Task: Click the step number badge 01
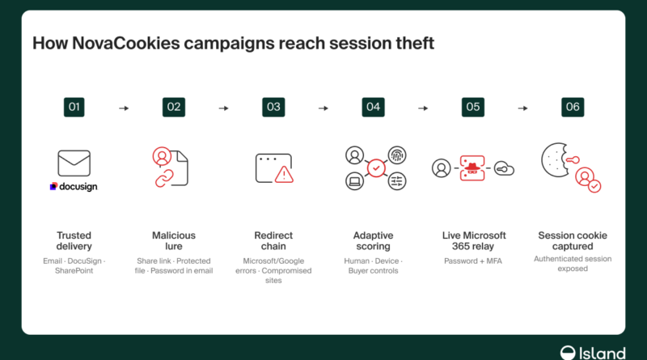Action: [x=74, y=108]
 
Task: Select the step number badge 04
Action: [x=373, y=108]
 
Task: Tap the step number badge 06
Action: [x=573, y=108]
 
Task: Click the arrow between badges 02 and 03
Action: [x=224, y=108]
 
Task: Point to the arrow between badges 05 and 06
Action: [x=522, y=108]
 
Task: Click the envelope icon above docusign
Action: [x=74, y=163]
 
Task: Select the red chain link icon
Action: [x=164, y=178]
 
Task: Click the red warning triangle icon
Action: [x=284, y=174]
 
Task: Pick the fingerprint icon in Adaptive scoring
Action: [x=397, y=155]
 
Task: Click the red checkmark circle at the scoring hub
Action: [x=376, y=168]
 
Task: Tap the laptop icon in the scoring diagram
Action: [x=354, y=181]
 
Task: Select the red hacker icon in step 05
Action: [x=472, y=168]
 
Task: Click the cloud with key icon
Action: [x=504, y=169]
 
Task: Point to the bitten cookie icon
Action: [x=556, y=160]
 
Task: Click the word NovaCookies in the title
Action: [x=126, y=44]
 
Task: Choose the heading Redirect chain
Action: [x=273, y=241]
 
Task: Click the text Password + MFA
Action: [x=473, y=261]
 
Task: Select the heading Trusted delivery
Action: [x=74, y=241]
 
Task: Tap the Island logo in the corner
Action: [x=593, y=354]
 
